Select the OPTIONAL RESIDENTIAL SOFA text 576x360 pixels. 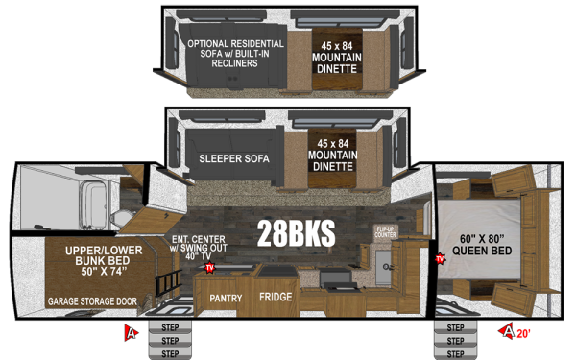(235, 53)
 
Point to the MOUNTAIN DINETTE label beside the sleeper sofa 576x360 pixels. (331, 156)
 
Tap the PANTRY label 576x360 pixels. (227, 298)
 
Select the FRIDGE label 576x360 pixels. (276, 298)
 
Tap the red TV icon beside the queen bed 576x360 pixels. (440, 258)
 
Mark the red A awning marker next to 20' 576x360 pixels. (508, 332)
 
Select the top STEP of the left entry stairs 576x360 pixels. (171, 324)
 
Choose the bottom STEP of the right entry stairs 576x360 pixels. (454, 351)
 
